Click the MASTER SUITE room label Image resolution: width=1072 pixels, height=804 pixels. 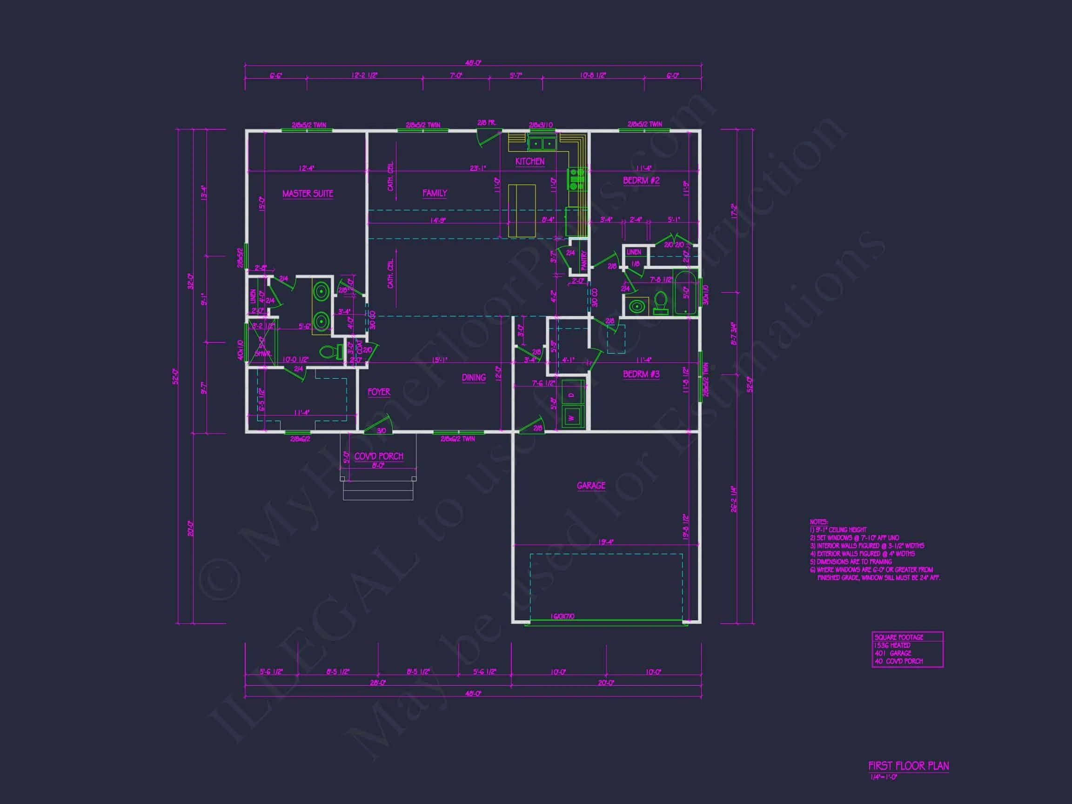(x=308, y=194)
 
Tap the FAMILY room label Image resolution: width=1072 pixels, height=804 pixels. (x=435, y=193)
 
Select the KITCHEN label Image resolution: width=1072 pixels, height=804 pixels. (x=529, y=161)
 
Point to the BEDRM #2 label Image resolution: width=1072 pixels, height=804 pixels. (x=641, y=180)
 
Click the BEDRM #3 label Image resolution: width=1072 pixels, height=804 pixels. (x=641, y=374)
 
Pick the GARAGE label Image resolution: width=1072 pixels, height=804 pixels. (x=591, y=485)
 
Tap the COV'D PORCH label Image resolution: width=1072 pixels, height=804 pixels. (x=378, y=456)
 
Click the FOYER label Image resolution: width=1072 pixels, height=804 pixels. (x=378, y=392)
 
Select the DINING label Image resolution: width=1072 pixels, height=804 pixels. (x=474, y=377)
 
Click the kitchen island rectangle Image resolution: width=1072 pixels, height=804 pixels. (x=522, y=210)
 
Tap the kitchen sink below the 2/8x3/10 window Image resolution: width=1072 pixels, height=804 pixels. (x=542, y=143)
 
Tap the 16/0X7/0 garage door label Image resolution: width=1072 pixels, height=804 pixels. (x=562, y=616)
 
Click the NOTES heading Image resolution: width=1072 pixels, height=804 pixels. (x=818, y=522)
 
